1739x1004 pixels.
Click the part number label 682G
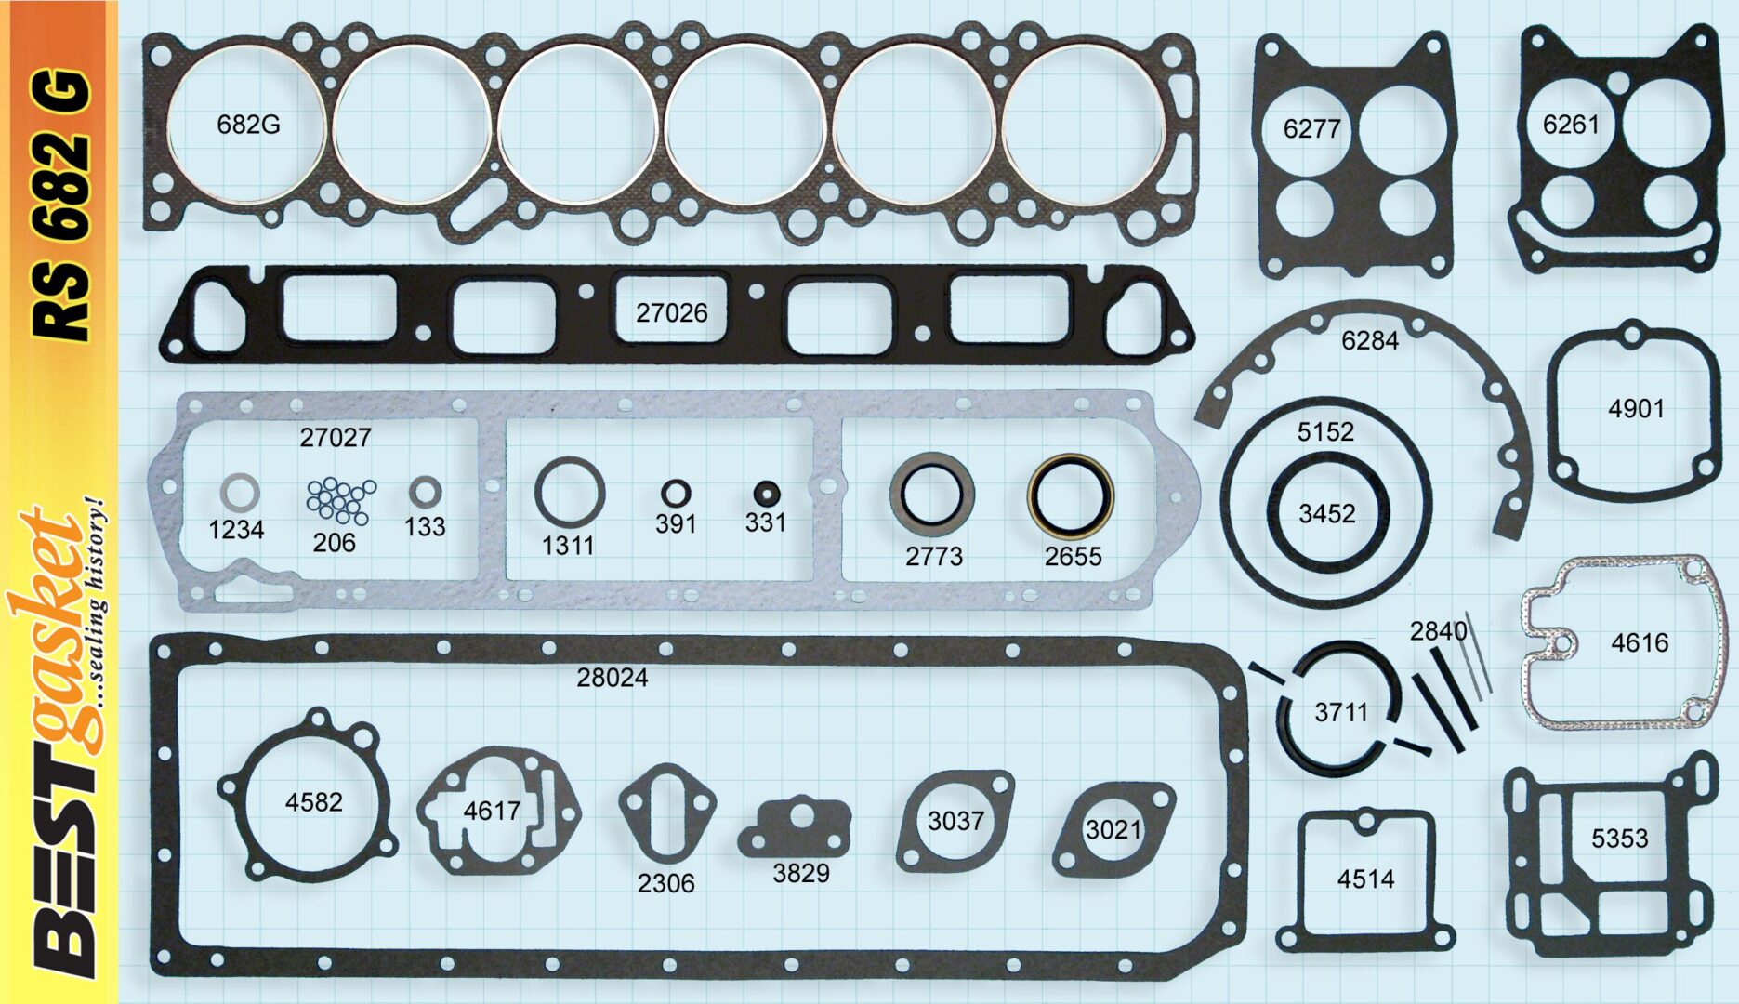[248, 124]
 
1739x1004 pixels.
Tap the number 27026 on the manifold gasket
[671, 312]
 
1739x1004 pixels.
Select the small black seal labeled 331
[766, 493]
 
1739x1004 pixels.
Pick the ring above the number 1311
[569, 492]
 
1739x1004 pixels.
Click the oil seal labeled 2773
[931, 496]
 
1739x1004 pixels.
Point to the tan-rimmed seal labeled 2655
[1070, 496]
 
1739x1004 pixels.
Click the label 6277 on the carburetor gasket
[1311, 128]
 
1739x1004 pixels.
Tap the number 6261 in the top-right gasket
[1571, 124]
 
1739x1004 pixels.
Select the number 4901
[1636, 408]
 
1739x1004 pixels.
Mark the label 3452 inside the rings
[1326, 513]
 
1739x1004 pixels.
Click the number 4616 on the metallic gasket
[1640, 642]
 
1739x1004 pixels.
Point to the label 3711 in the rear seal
[1340, 712]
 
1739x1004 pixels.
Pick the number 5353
[1619, 839]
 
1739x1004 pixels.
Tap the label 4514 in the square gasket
[1365, 878]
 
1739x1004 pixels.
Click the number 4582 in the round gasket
[313, 801]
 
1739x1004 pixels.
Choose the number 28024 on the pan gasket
[612, 678]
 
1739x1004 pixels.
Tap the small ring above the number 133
[425, 492]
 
